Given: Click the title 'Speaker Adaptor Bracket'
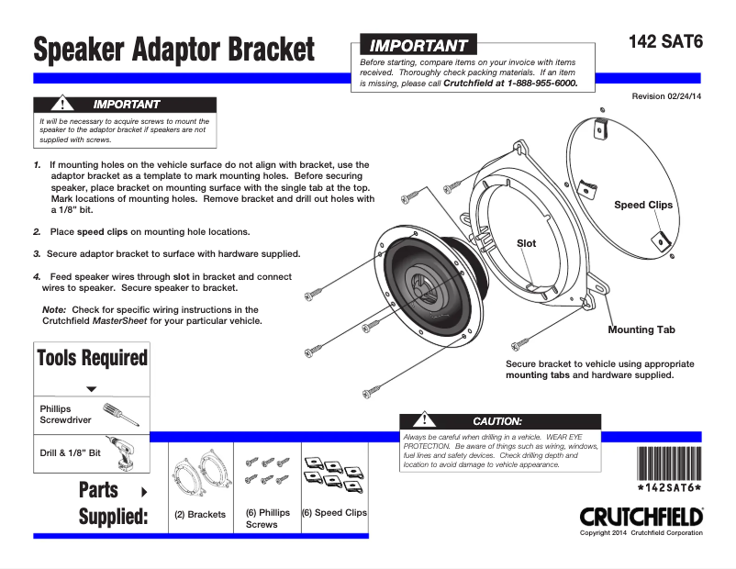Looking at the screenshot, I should pyautogui.click(x=173, y=49).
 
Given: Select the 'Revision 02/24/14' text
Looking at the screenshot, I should pyautogui.click(x=666, y=96).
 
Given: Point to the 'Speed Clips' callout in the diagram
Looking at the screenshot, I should pyautogui.click(x=642, y=205).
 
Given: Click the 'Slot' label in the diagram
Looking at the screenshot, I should pyautogui.click(x=527, y=243).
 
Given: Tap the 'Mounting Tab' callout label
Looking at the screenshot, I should pyautogui.click(x=641, y=329).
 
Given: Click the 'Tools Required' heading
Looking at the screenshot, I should pyautogui.click(x=91, y=358).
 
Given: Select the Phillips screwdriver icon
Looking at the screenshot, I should pyautogui.click(x=120, y=414).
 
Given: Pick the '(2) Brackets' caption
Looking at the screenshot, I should pyautogui.click(x=200, y=515).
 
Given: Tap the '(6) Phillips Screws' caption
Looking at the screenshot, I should pyautogui.click(x=267, y=519).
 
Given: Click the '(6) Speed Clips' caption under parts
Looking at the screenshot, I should pyautogui.click(x=334, y=513).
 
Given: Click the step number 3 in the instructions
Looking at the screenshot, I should pyautogui.click(x=37, y=253).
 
